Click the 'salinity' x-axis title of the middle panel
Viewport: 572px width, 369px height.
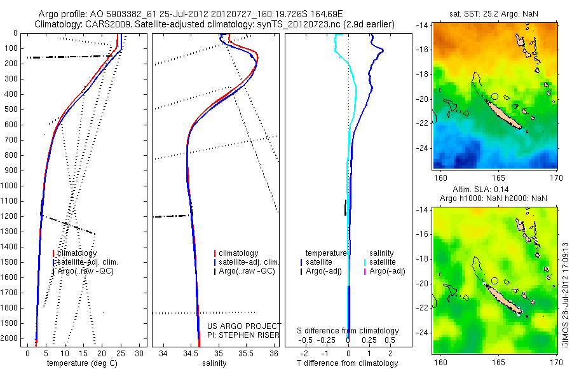213,363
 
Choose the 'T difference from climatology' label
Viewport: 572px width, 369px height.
348,363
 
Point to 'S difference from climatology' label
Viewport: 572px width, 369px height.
348,331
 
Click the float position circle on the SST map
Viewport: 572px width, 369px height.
494,96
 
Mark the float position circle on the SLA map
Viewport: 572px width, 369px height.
494,281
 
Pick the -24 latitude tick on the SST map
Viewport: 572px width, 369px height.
425,148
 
